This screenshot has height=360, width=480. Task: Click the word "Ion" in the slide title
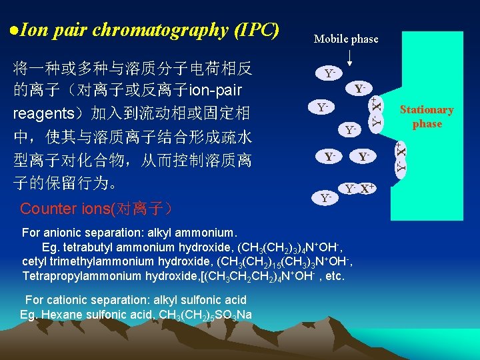tap(32, 30)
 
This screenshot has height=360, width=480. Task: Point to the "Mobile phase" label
tap(346, 39)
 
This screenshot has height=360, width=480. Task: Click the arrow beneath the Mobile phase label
tap(349, 57)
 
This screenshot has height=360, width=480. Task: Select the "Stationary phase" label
tap(427, 117)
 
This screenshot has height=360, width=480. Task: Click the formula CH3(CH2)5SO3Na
tap(203, 315)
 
